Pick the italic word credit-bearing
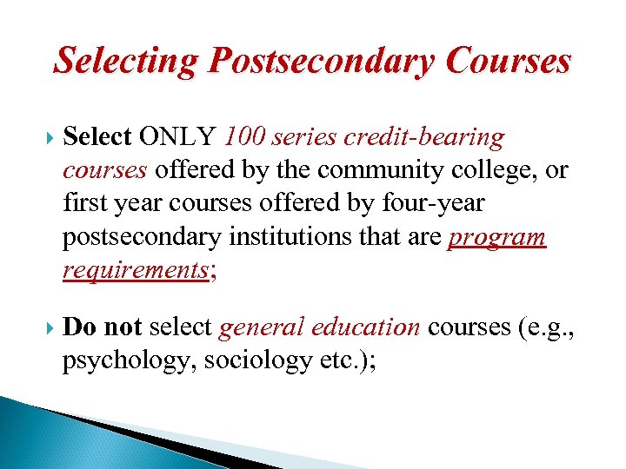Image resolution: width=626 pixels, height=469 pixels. tap(425, 138)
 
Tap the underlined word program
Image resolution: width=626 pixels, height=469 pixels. tap(496, 237)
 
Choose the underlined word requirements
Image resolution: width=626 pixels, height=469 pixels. tap(133, 270)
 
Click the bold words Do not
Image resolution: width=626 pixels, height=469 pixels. tap(103, 327)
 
